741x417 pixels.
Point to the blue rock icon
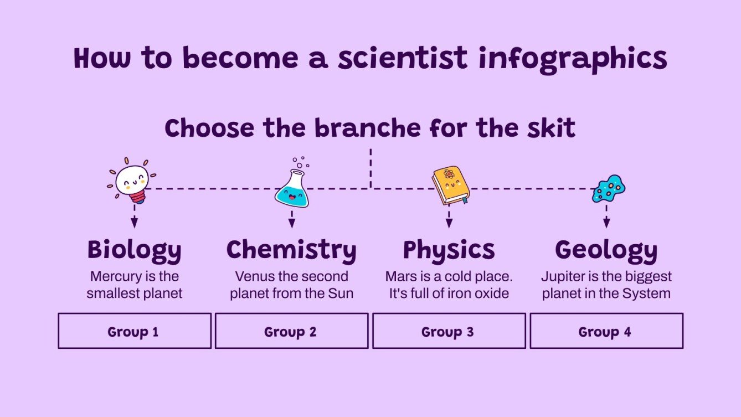click(x=608, y=189)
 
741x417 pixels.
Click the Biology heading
click(x=134, y=250)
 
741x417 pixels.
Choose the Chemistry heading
click(x=291, y=250)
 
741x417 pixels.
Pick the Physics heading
click(x=449, y=250)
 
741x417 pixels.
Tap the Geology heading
click(x=606, y=250)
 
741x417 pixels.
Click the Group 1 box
click(x=135, y=331)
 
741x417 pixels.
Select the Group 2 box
click(x=291, y=331)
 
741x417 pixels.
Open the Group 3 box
click(x=449, y=331)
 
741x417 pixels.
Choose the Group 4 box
click(x=606, y=331)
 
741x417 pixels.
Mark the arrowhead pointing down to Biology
click(x=134, y=223)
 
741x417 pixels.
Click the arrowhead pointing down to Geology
click(x=606, y=223)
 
